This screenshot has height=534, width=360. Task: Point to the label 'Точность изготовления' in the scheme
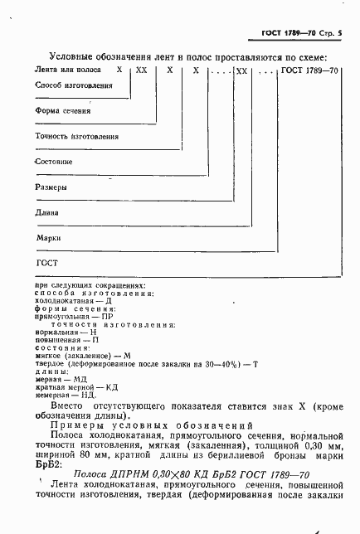pos(77,136)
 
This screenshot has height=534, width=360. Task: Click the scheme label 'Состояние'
pos(55,162)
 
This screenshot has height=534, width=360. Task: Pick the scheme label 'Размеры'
pos(51,187)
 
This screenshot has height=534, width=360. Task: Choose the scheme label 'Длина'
pos(48,212)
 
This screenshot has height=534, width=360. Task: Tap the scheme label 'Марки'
pos(48,237)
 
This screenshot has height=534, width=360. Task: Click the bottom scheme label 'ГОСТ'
pos(45,263)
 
